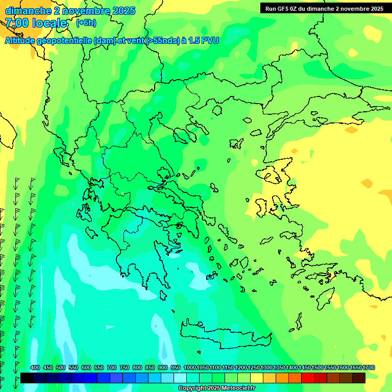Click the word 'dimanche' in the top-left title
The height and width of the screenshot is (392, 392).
[28, 11]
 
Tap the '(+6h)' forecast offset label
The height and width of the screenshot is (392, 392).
[86, 23]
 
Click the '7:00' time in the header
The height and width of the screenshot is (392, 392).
[16, 23]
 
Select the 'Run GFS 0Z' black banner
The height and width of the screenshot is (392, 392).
[324, 8]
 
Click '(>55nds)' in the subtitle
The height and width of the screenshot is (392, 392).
[162, 40]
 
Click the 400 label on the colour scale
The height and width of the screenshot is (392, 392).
[35, 368]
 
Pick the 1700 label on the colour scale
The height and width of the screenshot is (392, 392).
[369, 368]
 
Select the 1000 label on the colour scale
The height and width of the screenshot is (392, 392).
[190, 368]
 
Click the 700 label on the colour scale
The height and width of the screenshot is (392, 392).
[112, 368]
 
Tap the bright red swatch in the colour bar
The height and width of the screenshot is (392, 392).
[307, 378]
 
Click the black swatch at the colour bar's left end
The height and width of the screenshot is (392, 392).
[27, 378]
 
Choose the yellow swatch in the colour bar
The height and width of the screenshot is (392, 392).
[256, 378]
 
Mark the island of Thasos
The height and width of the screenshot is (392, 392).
[217, 110]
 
